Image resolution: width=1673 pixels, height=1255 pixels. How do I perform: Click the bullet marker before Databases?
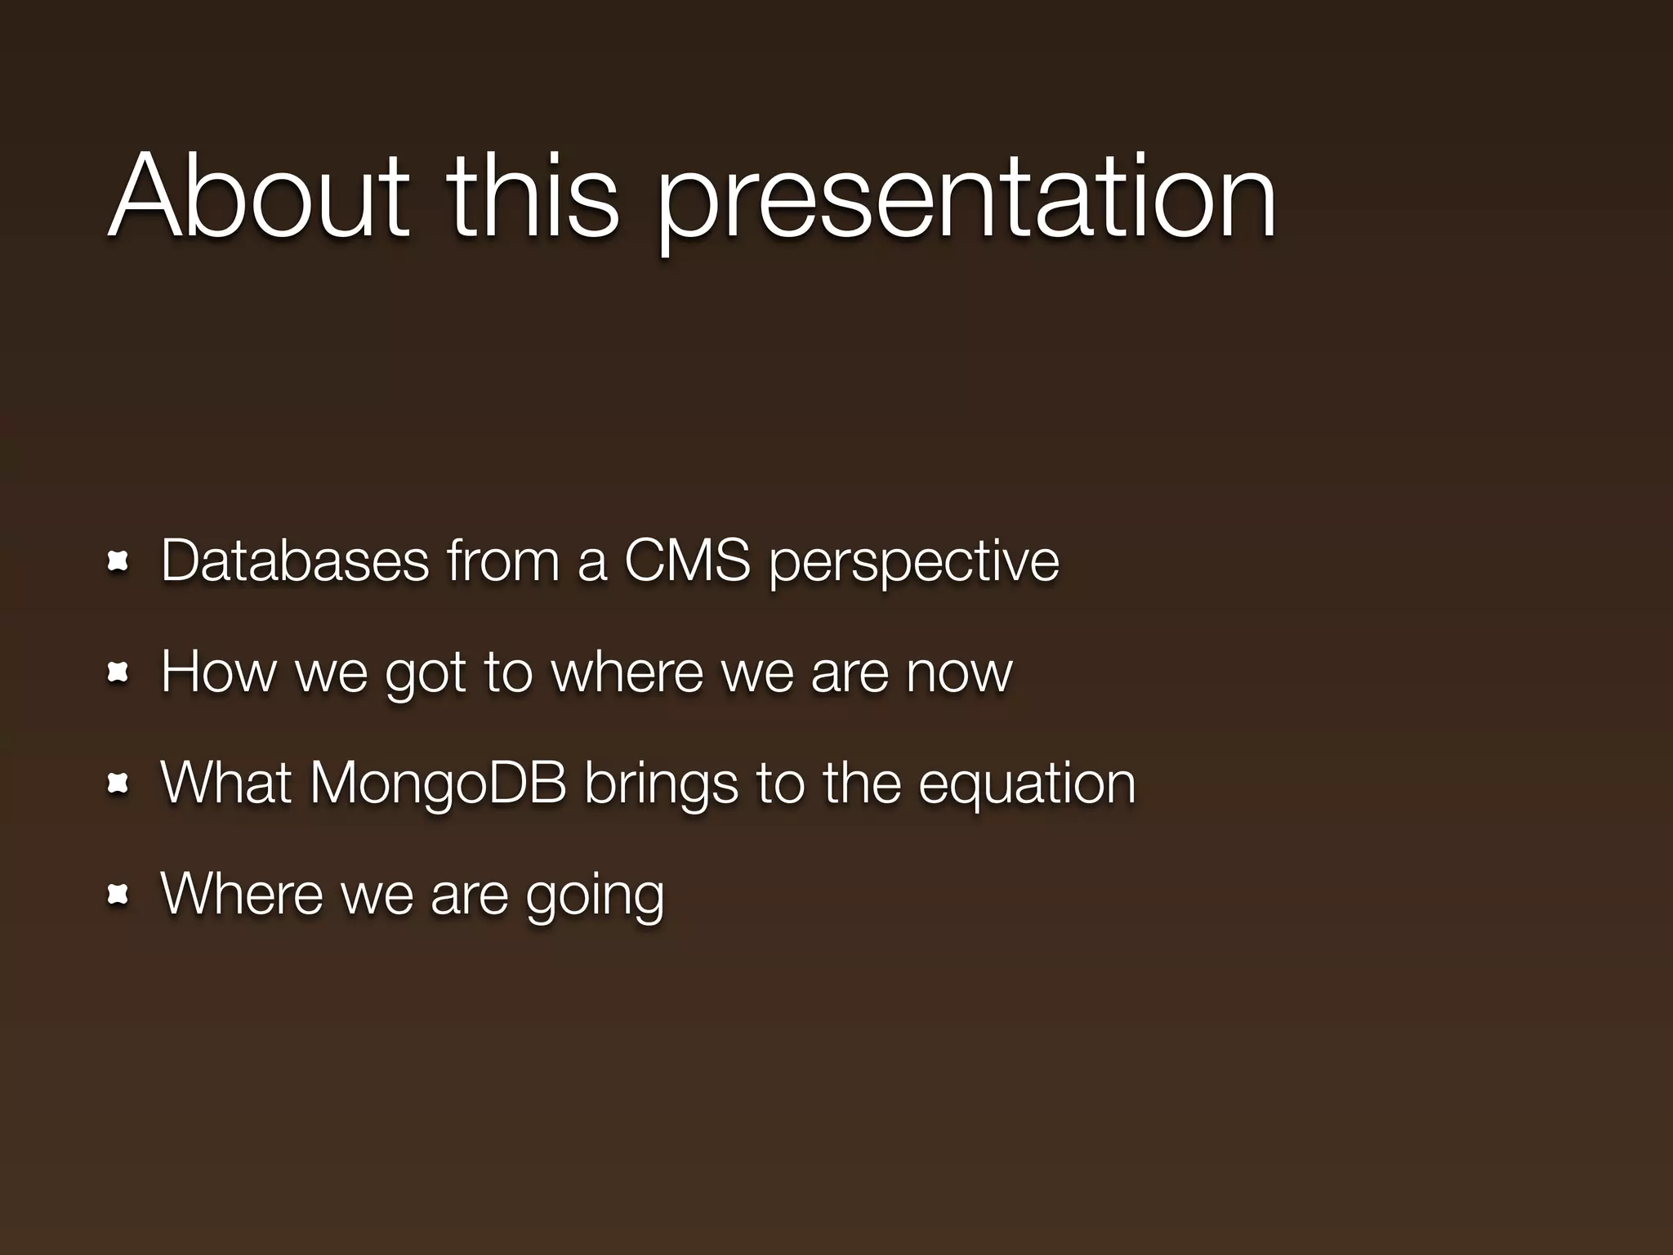tap(118, 561)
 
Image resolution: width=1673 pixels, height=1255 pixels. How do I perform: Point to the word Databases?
tap(295, 561)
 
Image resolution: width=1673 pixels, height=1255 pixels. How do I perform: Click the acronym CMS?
tap(687, 561)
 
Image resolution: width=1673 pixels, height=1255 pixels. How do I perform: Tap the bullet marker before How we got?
tap(118, 672)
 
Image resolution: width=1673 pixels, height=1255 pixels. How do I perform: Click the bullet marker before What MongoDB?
tap(118, 784)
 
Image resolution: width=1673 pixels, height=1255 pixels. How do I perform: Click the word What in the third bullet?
tap(226, 783)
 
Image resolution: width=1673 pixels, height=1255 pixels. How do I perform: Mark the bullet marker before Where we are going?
tap(118, 895)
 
